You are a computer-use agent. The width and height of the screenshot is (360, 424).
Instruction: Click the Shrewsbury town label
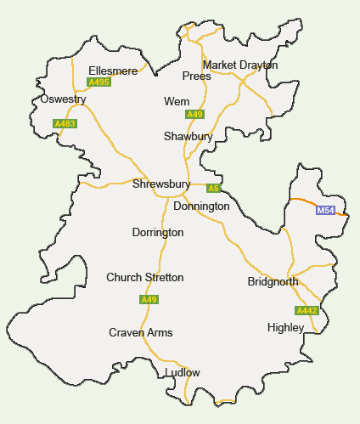point(161,184)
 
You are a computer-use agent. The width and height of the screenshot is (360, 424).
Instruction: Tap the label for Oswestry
point(64,99)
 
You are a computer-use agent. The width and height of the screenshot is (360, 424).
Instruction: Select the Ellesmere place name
point(113,71)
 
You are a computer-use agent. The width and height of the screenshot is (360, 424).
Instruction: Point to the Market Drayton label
point(240,65)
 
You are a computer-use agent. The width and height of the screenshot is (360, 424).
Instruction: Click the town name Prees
point(196,76)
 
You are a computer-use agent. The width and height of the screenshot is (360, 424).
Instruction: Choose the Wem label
point(177,102)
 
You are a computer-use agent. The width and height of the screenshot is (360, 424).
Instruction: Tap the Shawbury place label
point(188,136)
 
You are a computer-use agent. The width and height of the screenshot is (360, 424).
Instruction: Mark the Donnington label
point(201,206)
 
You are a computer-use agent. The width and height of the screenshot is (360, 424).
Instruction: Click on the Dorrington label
point(158,232)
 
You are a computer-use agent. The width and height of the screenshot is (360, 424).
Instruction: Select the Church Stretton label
point(144,278)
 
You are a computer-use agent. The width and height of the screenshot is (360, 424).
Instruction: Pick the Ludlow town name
point(183,373)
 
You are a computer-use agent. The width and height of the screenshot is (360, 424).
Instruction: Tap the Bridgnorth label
point(273,281)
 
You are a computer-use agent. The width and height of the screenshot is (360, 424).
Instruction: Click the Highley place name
point(285,327)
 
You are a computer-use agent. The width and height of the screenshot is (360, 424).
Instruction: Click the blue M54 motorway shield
point(325,210)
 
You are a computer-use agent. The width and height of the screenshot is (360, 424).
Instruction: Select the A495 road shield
point(98,82)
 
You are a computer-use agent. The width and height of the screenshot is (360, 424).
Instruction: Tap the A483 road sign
point(65,124)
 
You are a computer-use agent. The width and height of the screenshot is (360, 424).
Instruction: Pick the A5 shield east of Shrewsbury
point(213,188)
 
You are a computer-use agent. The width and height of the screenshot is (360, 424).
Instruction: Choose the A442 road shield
point(307,311)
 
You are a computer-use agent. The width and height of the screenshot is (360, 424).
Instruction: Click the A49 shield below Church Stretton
point(149,300)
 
